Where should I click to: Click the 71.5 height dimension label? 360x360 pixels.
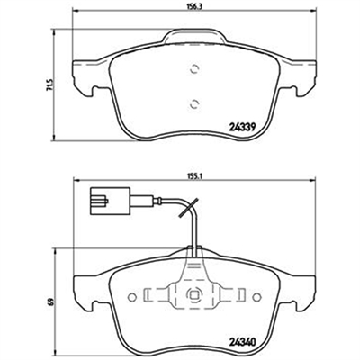point(50,85)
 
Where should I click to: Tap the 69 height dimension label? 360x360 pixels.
point(52,301)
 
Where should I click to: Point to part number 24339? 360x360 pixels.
point(242,128)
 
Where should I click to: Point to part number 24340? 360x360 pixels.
point(242,342)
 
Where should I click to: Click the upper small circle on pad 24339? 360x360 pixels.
point(194,69)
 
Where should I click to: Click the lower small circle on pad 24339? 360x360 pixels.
point(194,103)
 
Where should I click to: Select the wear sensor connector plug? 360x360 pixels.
point(109,201)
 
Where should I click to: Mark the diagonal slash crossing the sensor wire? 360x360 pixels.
point(188,208)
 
